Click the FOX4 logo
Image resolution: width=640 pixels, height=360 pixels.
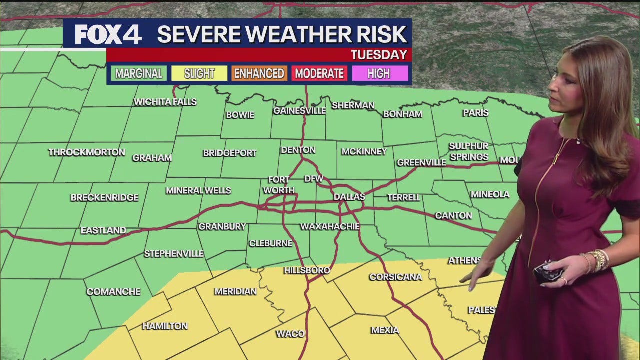click(x=108, y=34)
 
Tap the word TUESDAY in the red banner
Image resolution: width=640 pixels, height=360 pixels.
click(x=378, y=55)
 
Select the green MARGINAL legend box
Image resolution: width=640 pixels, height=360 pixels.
click(x=139, y=74)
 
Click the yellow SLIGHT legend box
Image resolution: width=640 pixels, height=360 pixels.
click(x=199, y=74)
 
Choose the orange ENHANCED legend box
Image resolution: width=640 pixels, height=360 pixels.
click(x=259, y=74)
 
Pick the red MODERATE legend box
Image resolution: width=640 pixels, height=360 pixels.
click(x=319, y=74)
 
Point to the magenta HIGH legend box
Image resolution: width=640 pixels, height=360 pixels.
click(x=379, y=74)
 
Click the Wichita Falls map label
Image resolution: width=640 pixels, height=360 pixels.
click(x=165, y=102)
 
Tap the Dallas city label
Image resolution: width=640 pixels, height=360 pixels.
click(x=349, y=197)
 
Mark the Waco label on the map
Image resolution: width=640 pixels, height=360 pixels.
click(x=290, y=334)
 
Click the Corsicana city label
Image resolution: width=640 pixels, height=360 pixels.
click(x=395, y=277)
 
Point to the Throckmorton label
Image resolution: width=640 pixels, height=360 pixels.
click(x=87, y=152)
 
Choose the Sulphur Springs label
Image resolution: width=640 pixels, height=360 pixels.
click(x=468, y=151)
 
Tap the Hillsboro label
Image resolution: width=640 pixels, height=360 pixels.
click(x=307, y=270)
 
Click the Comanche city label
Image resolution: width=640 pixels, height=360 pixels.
click(x=113, y=292)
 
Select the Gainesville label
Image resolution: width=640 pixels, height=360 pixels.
click(x=299, y=111)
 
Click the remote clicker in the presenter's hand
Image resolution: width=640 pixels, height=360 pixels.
click(x=547, y=273)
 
